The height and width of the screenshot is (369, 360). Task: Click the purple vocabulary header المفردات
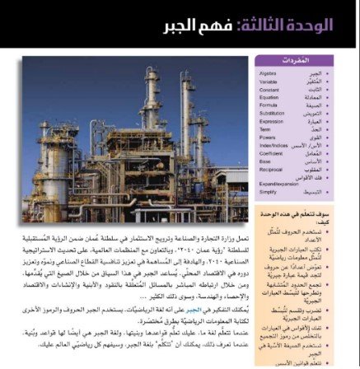point(307,60)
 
